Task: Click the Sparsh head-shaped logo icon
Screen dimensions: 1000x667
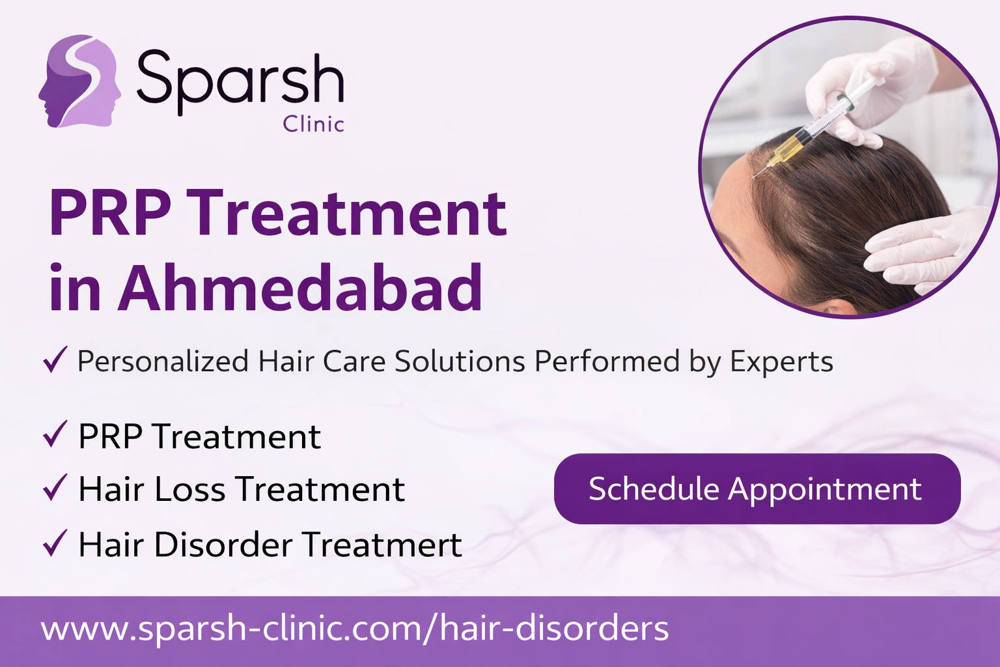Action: coord(80,81)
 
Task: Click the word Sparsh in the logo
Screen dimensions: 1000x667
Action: coord(240,83)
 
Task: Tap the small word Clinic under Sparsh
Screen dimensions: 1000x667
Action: coord(313,124)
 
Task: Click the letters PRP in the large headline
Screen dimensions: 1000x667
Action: coord(111,212)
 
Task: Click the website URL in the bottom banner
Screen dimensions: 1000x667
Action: coord(355,629)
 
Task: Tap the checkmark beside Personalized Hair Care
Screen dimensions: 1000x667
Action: coord(55,359)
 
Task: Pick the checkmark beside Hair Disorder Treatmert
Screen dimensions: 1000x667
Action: coord(55,543)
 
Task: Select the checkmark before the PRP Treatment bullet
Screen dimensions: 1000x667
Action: coord(55,434)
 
